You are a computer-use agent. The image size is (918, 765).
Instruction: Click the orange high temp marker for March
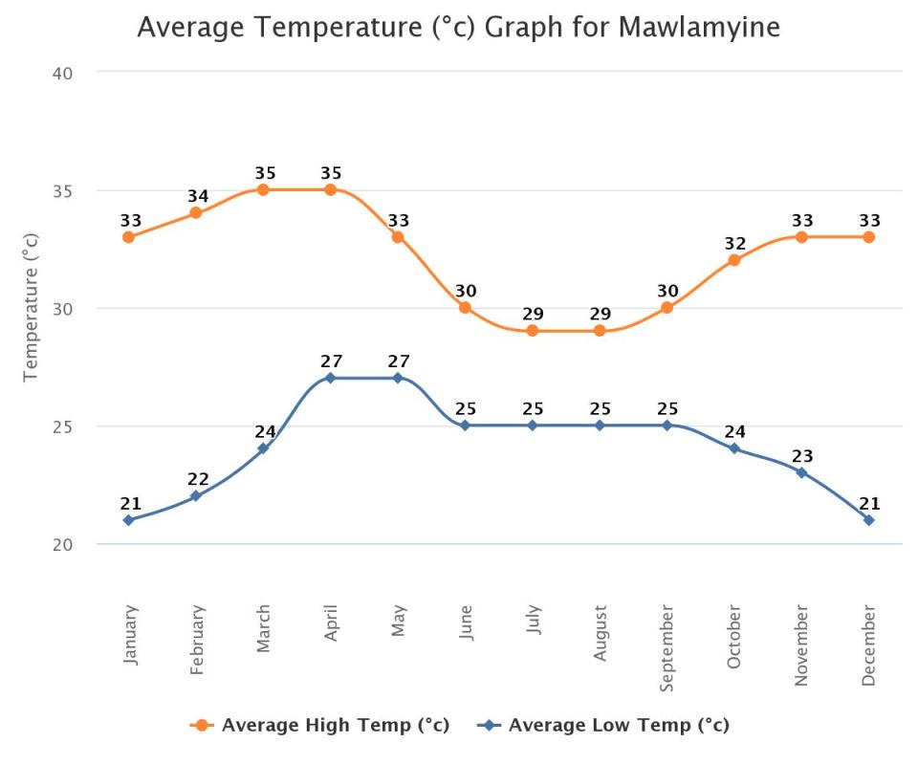(263, 189)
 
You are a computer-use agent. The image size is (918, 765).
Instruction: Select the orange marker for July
(533, 331)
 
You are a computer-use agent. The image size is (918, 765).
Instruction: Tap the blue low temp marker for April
(330, 378)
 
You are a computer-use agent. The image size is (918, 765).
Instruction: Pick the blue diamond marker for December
(869, 520)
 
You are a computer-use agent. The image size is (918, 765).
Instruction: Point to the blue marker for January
(128, 520)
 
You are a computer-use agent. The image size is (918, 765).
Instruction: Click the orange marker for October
(734, 260)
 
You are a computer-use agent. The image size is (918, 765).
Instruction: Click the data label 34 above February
(198, 196)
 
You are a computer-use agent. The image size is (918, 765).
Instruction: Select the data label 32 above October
(735, 244)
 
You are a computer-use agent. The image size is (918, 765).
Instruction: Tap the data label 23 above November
(802, 456)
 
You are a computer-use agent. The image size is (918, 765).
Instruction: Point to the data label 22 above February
(198, 479)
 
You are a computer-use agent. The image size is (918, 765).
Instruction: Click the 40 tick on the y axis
(63, 74)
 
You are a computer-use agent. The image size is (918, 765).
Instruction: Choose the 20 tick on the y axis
(63, 544)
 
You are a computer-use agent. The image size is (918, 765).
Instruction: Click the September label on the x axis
(667, 648)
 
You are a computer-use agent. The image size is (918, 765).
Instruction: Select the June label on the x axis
(465, 623)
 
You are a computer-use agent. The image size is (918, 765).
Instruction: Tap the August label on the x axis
(600, 633)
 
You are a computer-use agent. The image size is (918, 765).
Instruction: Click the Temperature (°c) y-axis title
(31, 307)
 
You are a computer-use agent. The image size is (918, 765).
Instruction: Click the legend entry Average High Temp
(319, 725)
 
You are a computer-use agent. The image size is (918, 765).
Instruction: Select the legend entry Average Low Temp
(603, 725)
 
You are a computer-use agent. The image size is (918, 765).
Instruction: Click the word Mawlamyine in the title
(699, 28)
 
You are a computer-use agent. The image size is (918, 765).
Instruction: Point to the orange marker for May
(398, 237)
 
